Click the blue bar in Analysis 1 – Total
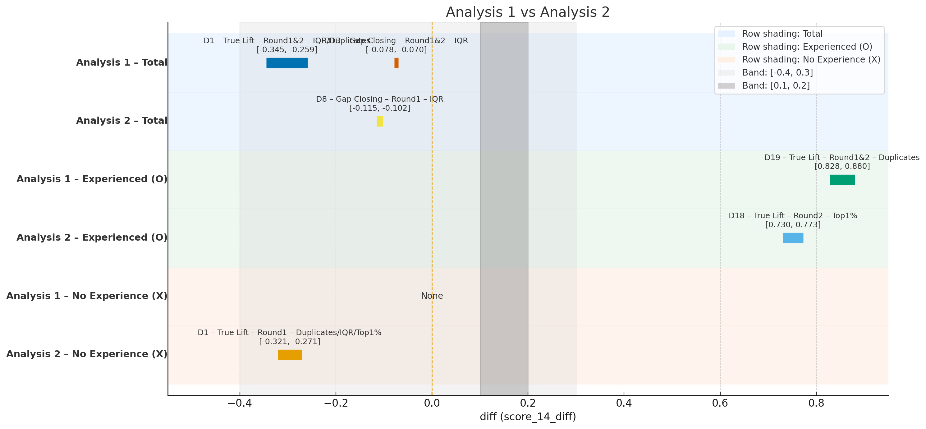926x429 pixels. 287,63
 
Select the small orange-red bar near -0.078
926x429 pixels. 396,63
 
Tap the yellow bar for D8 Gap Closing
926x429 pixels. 380,121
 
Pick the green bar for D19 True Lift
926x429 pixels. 842,180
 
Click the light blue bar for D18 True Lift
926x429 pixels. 793,238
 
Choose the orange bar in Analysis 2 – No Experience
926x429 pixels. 290,355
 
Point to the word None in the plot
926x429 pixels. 432,296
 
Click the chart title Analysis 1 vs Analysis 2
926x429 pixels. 528,12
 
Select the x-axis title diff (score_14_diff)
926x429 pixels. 528,417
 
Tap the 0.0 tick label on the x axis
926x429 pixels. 432,404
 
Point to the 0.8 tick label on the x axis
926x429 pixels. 816,404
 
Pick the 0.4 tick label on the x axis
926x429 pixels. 624,404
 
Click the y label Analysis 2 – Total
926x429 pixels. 121,121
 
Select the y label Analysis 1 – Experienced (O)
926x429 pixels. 92,179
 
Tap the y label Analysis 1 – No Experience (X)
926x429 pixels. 87,296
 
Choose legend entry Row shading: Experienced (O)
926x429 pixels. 807,47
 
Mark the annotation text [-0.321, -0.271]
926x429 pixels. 289,341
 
